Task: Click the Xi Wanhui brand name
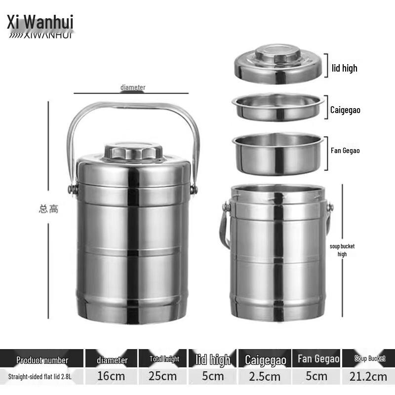point(40,22)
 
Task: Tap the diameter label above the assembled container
point(133,87)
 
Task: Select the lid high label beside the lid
point(344,68)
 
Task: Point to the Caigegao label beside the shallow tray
point(345,110)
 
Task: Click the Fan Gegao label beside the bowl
point(345,151)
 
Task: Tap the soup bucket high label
point(342,250)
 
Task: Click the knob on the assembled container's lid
point(133,151)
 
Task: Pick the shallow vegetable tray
point(278,107)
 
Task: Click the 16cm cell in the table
point(111,376)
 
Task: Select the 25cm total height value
point(163,376)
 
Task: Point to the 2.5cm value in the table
point(265,376)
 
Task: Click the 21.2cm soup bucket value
point(369,376)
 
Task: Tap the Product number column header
point(42,360)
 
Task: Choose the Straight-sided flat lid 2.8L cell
point(42,376)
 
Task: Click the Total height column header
point(164,359)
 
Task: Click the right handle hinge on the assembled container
point(194,189)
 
